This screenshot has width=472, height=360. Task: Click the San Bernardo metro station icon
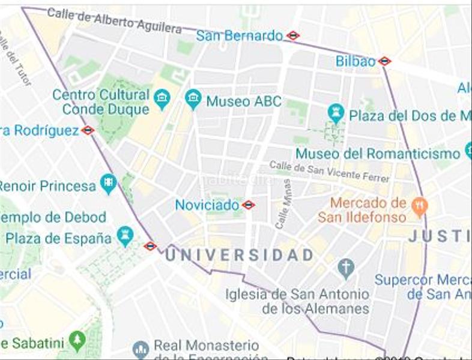[293, 35]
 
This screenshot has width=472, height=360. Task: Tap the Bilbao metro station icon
[385, 61]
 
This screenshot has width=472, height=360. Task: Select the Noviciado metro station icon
[249, 205]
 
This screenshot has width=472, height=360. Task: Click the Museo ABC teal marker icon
[193, 99]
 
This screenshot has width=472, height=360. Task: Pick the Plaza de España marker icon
[125, 235]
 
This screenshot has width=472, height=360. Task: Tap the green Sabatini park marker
[77, 341]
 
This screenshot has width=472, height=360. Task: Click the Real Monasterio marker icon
[141, 349]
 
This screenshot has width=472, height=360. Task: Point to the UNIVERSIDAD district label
[239, 255]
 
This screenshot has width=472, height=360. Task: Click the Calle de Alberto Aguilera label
[114, 20]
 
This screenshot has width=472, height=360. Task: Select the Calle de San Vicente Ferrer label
[329, 171]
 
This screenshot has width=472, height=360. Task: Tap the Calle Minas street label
[283, 204]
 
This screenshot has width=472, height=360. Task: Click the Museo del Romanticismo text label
[378, 154]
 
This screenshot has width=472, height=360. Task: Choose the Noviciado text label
[207, 205]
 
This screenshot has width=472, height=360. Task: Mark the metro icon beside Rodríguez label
[88, 130]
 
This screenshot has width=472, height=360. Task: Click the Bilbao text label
[356, 61]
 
